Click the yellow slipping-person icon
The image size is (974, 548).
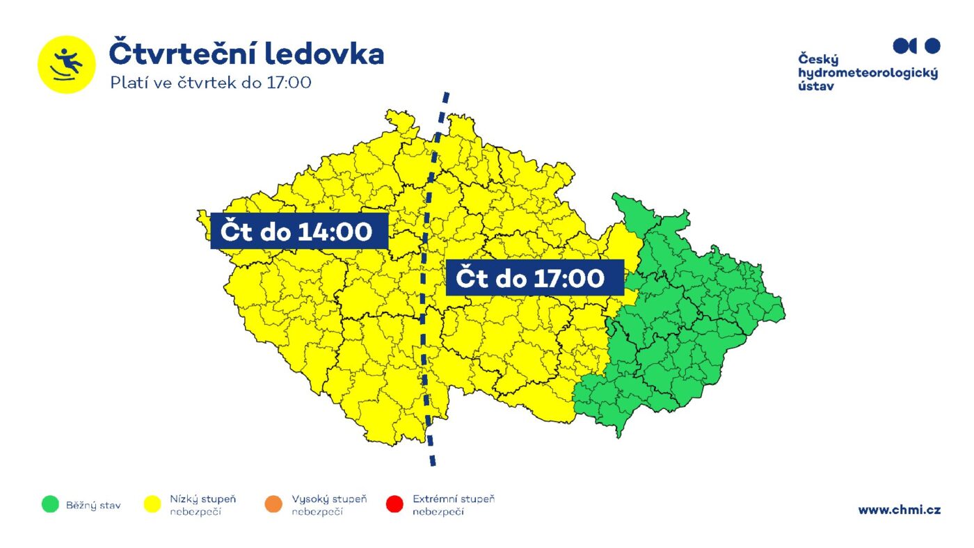pos(66,64)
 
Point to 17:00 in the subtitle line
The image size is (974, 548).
pos(288,82)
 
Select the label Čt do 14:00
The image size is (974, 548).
pos(299,231)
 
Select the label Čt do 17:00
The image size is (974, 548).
pos(534,278)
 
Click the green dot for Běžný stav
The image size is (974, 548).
pos(50,505)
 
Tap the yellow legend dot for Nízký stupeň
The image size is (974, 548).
pos(152,505)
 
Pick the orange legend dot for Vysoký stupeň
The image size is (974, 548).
pos(273,505)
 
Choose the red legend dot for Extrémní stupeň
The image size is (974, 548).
pos(394,505)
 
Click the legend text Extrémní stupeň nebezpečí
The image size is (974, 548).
pos(453,506)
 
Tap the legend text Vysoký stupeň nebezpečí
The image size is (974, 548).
pos(329,506)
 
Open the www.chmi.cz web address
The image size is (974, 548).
pos(899,510)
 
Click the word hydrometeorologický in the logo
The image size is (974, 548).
pos(868,73)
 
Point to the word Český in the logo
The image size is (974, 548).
pos(818,60)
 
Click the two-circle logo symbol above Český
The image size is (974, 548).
pos(916,46)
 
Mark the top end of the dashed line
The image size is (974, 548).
pos(446,94)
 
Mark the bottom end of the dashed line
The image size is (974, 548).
pos(433,464)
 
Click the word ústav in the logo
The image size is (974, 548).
pos(815,86)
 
